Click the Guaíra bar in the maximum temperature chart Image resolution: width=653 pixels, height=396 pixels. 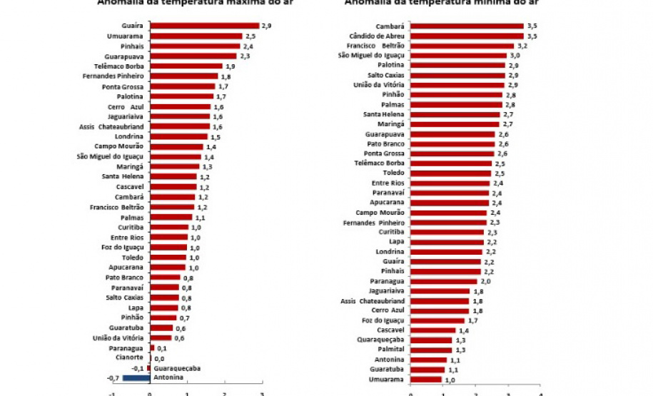204,26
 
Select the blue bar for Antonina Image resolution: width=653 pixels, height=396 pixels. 136,377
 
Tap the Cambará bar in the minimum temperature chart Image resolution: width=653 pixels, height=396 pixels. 467,26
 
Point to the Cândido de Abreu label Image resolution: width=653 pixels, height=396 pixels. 377,36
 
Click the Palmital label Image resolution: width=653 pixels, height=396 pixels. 390,350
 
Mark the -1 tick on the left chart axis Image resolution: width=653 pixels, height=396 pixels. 112,393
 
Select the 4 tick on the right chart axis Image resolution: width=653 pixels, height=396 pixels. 540,393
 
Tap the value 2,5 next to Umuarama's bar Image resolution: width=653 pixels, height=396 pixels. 250,36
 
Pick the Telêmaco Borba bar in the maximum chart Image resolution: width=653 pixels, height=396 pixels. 186,66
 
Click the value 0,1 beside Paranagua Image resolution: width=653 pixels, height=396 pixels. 162,347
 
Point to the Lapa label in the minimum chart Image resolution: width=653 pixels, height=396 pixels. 396,242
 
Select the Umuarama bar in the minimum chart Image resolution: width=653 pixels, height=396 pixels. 426,380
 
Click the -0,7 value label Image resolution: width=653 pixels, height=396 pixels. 113,377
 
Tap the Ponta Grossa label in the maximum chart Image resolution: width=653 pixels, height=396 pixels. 123,86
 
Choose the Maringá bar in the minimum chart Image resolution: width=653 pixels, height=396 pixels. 455,124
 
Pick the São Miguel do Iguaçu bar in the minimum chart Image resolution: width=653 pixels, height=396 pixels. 458,56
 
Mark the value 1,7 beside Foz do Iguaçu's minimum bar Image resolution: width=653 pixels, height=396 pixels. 472,320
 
